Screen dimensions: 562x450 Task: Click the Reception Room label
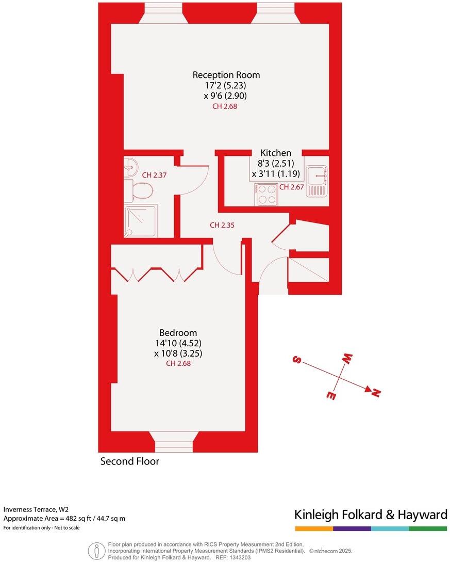tap(226, 75)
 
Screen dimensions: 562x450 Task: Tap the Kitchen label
tap(275, 153)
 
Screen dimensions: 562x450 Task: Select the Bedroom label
tap(178, 333)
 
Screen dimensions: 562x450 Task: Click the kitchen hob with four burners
tap(266, 195)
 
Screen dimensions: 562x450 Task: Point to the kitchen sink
tap(316, 181)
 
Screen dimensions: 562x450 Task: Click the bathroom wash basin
tap(130, 167)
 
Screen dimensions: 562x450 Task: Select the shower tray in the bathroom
tap(140, 220)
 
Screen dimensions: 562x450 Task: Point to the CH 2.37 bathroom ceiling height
tap(154, 175)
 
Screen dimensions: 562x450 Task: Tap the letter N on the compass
tap(376, 393)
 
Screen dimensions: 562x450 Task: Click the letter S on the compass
tap(296, 360)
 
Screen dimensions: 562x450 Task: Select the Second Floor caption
tap(129, 461)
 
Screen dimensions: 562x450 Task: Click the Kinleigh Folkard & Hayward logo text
tap(371, 515)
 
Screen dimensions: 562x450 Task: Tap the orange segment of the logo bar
tap(314, 529)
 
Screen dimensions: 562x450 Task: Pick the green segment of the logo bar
tap(428, 529)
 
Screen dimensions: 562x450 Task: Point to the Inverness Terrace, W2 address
tap(36, 508)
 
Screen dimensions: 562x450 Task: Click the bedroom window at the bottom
tap(173, 443)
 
